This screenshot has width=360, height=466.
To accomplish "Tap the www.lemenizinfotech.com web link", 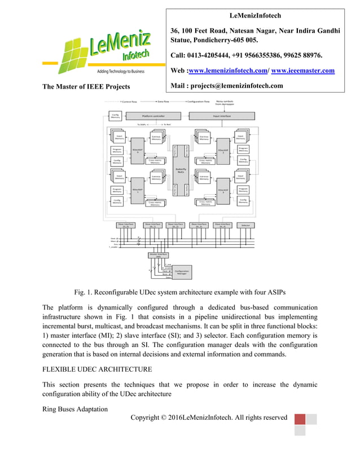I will (229, 71).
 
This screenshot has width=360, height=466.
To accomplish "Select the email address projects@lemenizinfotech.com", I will (239, 86).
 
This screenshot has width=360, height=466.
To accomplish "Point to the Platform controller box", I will (153, 116).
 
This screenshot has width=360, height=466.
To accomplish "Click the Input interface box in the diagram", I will (221, 116).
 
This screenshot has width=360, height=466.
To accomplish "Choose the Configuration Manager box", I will (182, 272).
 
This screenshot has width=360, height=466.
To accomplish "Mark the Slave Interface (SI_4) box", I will (221, 225).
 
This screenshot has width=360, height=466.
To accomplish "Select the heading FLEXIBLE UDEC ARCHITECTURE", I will (97, 370).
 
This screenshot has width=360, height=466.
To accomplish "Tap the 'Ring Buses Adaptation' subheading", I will (75, 409).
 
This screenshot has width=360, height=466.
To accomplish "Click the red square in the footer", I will (300, 419).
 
